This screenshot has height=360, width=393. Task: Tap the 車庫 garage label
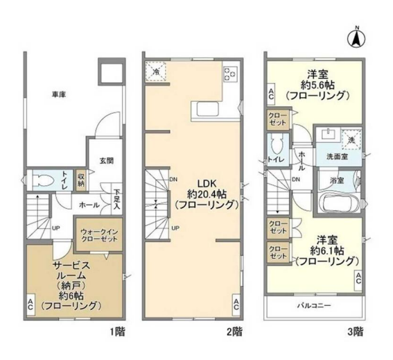(59, 94)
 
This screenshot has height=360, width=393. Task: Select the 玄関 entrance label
(107, 160)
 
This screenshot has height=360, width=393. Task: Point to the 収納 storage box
(81, 180)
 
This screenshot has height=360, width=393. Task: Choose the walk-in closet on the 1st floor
(99, 234)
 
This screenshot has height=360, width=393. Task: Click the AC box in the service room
(30, 305)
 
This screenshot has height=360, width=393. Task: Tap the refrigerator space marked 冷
(156, 71)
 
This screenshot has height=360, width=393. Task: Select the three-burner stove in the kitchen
(230, 74)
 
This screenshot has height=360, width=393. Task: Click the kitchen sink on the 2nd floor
(207, 109)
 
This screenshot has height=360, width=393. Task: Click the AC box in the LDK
(236, 305)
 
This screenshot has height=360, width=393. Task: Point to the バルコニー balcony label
(314, 306)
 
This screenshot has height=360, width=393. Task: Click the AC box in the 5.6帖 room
(271, 94)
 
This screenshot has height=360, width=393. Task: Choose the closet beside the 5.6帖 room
(277, 119)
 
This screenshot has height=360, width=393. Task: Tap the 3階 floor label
(356, 332)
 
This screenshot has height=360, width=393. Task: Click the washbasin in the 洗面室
(327, 134)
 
